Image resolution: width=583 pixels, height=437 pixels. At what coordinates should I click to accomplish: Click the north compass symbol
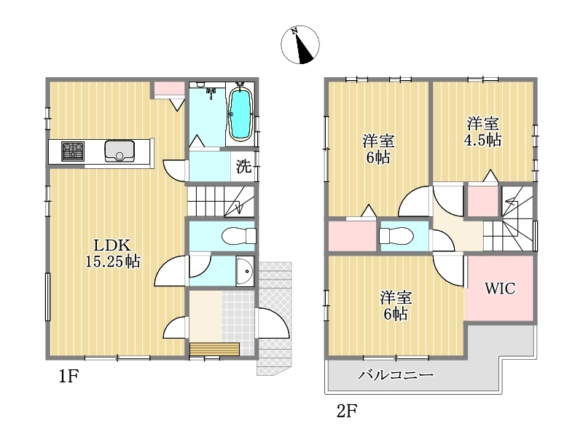pyautogui.click(x=300, y=44)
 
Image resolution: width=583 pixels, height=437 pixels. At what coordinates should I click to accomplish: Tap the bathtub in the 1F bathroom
pyautogui.click(x=240, y=114)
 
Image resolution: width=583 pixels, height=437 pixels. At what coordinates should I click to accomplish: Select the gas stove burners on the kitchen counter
pyautogui.click(x=73, y=151)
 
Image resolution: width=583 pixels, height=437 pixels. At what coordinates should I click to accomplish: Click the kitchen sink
pyautogui.click(x=120, y=151)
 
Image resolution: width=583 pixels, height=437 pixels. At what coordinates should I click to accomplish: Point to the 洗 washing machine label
pyautogui.click(x=244, y=166)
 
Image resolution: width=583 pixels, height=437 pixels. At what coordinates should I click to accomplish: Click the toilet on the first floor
pyautogui.click(x=239, y=235)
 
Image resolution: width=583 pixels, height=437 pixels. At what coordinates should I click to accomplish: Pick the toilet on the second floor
pyautogui.click(x=396, y=235)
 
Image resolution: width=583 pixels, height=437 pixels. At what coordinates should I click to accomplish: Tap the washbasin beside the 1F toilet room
pyautogui.click(x=245, y=271)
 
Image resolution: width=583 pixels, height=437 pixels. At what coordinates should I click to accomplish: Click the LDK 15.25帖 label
pyautogui.click(x=113, y=253)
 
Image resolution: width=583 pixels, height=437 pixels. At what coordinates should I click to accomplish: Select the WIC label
pyautogui.click(x=500, y=288)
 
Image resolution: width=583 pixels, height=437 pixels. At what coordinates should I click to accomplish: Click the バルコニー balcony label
pyautogui.click(x=396, y=374)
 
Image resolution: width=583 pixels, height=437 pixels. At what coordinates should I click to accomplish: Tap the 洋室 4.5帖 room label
pyautogui.click(x=482, y=132)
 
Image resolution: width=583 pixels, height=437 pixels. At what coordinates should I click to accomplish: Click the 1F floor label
pyautogui.click(x=69, y=377)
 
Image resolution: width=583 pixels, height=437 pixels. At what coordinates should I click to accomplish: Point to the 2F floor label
pyautogui.click(x=347, y=411)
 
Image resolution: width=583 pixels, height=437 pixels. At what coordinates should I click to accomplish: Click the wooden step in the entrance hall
pyautogui.click(x=214, y=350)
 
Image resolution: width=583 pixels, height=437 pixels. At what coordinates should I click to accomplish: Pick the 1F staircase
pyautogui.click(x=221, y=201)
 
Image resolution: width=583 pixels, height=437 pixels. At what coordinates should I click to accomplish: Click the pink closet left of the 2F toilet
pyautogui.click(x=352, y=235)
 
